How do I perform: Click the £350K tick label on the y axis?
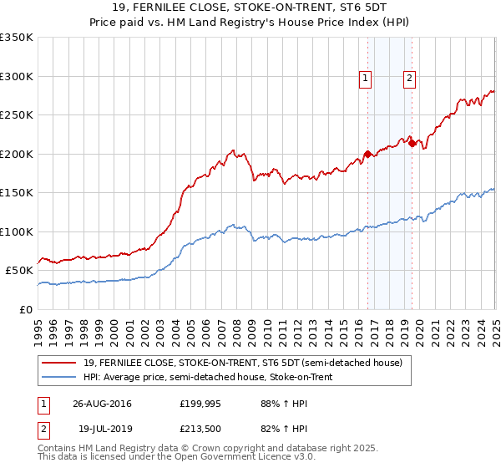pos(17,38)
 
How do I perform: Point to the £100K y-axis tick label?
pos(17,231)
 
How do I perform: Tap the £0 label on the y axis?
pos(26,309)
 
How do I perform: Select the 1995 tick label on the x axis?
pos(38,325)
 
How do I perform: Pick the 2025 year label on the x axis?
pos(495,325)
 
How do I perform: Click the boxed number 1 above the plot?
pos(366,79)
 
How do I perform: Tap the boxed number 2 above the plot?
pos(410,79)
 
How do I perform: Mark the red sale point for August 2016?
pos(367,154)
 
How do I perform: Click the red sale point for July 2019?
pos(412,144)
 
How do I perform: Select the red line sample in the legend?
pos(59,363)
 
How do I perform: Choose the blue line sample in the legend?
pos(59,377)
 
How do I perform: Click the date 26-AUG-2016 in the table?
pos(102,403)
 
